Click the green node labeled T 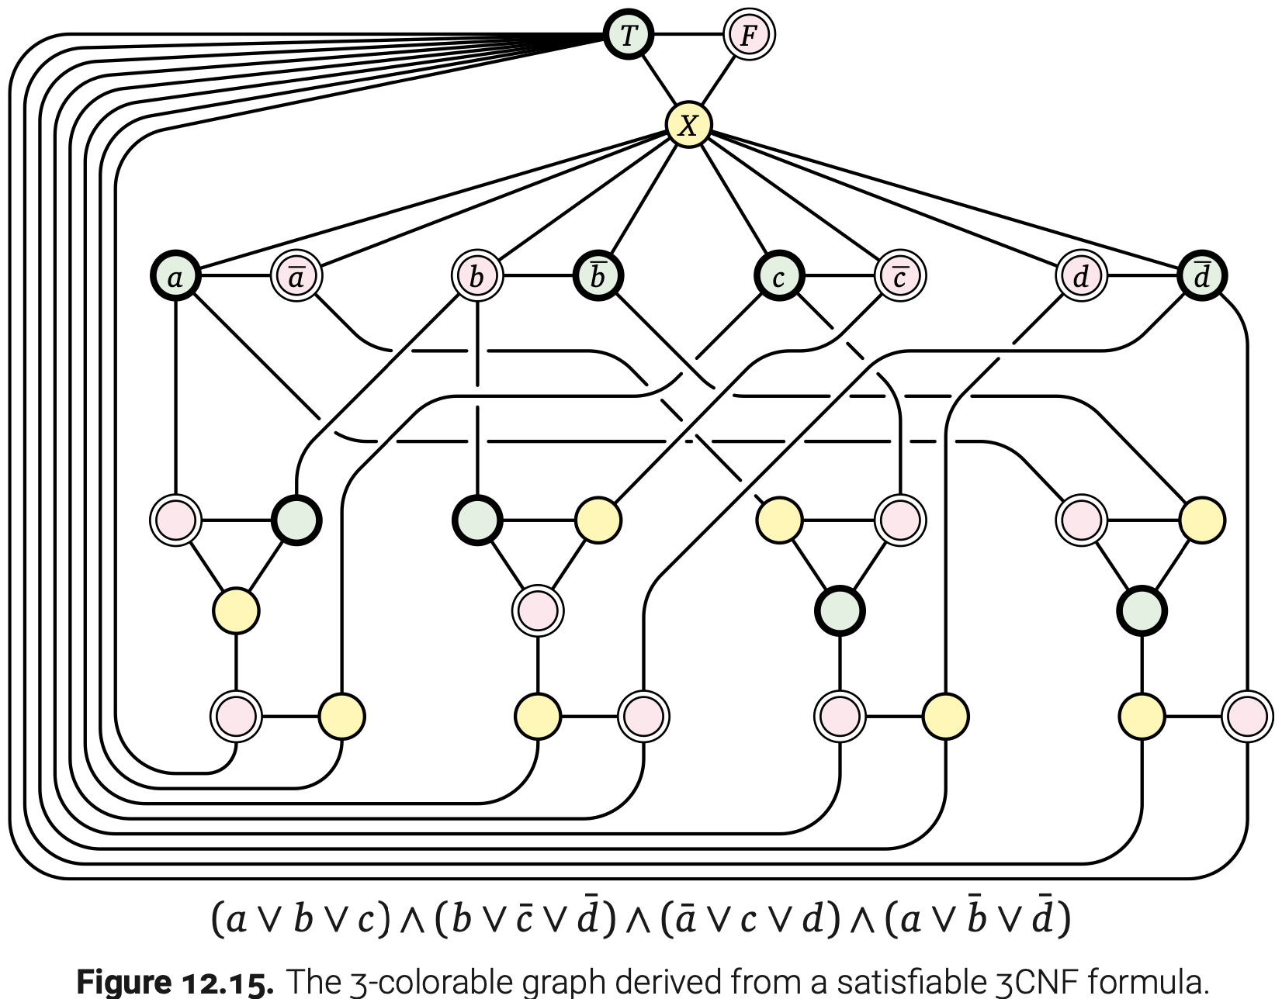point(628,35)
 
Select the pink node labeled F point(748,35)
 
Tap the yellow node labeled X point(688,125)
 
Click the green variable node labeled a point(176,276)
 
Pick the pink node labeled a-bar point(296,276)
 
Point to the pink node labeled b point(477,276)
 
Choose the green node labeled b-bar point(598,276)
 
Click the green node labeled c point(779,276)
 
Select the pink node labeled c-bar point(899,276)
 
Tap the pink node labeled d point(1081,276)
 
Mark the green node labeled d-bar point(1201,276)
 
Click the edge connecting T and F point(688,35)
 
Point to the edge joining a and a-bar point(236,276)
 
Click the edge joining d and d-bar point(1141,276)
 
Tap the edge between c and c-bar point(840,276)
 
